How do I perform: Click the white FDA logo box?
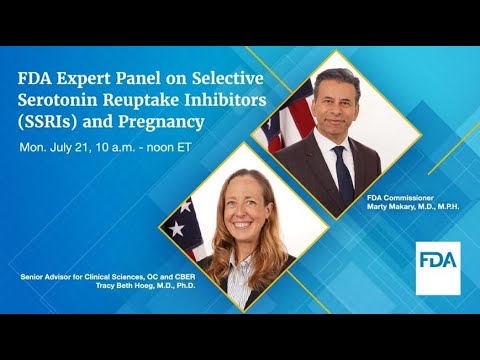(438, 267)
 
